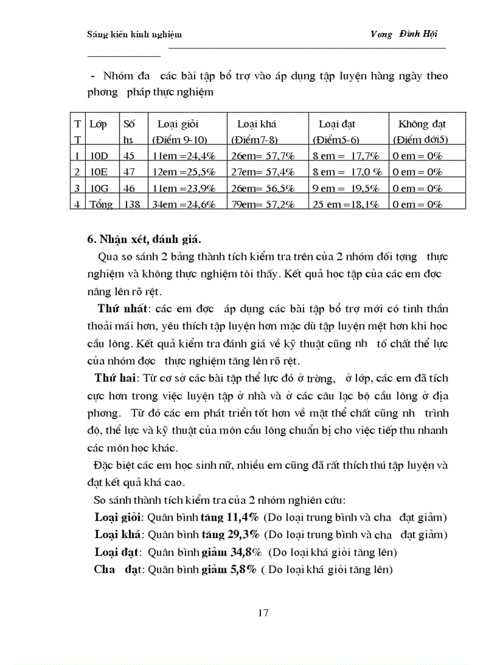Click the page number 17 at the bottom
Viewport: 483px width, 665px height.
coord(263,613)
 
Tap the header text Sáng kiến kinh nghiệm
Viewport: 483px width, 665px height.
coord(134,34)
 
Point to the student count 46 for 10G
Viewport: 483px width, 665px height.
coord(130,188)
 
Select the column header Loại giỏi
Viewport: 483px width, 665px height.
coord(178,124)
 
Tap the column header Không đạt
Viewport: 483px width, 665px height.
coord(421,124)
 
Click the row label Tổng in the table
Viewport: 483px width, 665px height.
coord(102,204)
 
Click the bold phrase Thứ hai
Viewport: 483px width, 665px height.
coord(115,378)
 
